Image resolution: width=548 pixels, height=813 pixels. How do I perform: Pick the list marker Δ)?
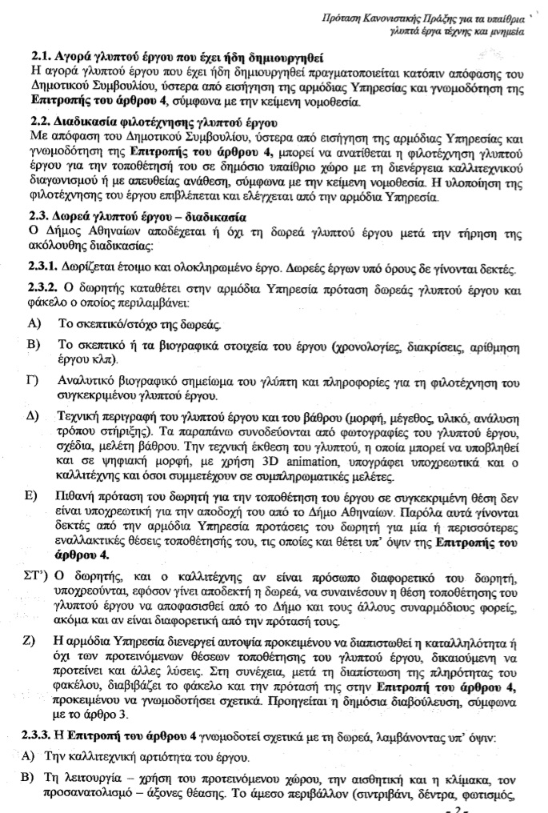33,417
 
